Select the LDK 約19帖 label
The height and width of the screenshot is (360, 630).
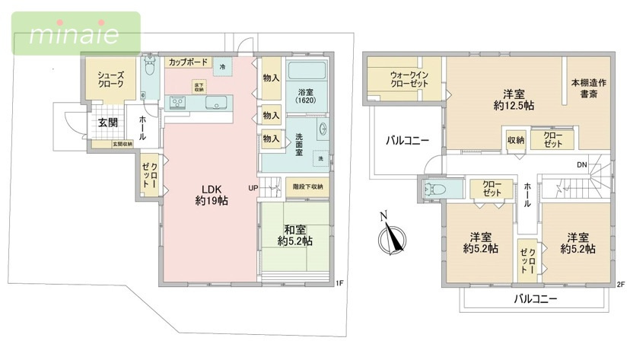pos(211,195)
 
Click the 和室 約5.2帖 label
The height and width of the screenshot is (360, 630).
pos(294,234)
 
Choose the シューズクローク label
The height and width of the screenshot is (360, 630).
pos(110,81)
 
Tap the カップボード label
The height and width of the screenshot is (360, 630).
pos(186,62)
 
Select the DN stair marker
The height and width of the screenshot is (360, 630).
pos(581,165)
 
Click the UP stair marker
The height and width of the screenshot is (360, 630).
pos(252,187)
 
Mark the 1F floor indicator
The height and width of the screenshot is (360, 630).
pos(339,284)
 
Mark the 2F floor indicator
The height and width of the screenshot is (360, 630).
pos(620,284)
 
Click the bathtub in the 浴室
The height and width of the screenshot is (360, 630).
pos(307,75)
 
